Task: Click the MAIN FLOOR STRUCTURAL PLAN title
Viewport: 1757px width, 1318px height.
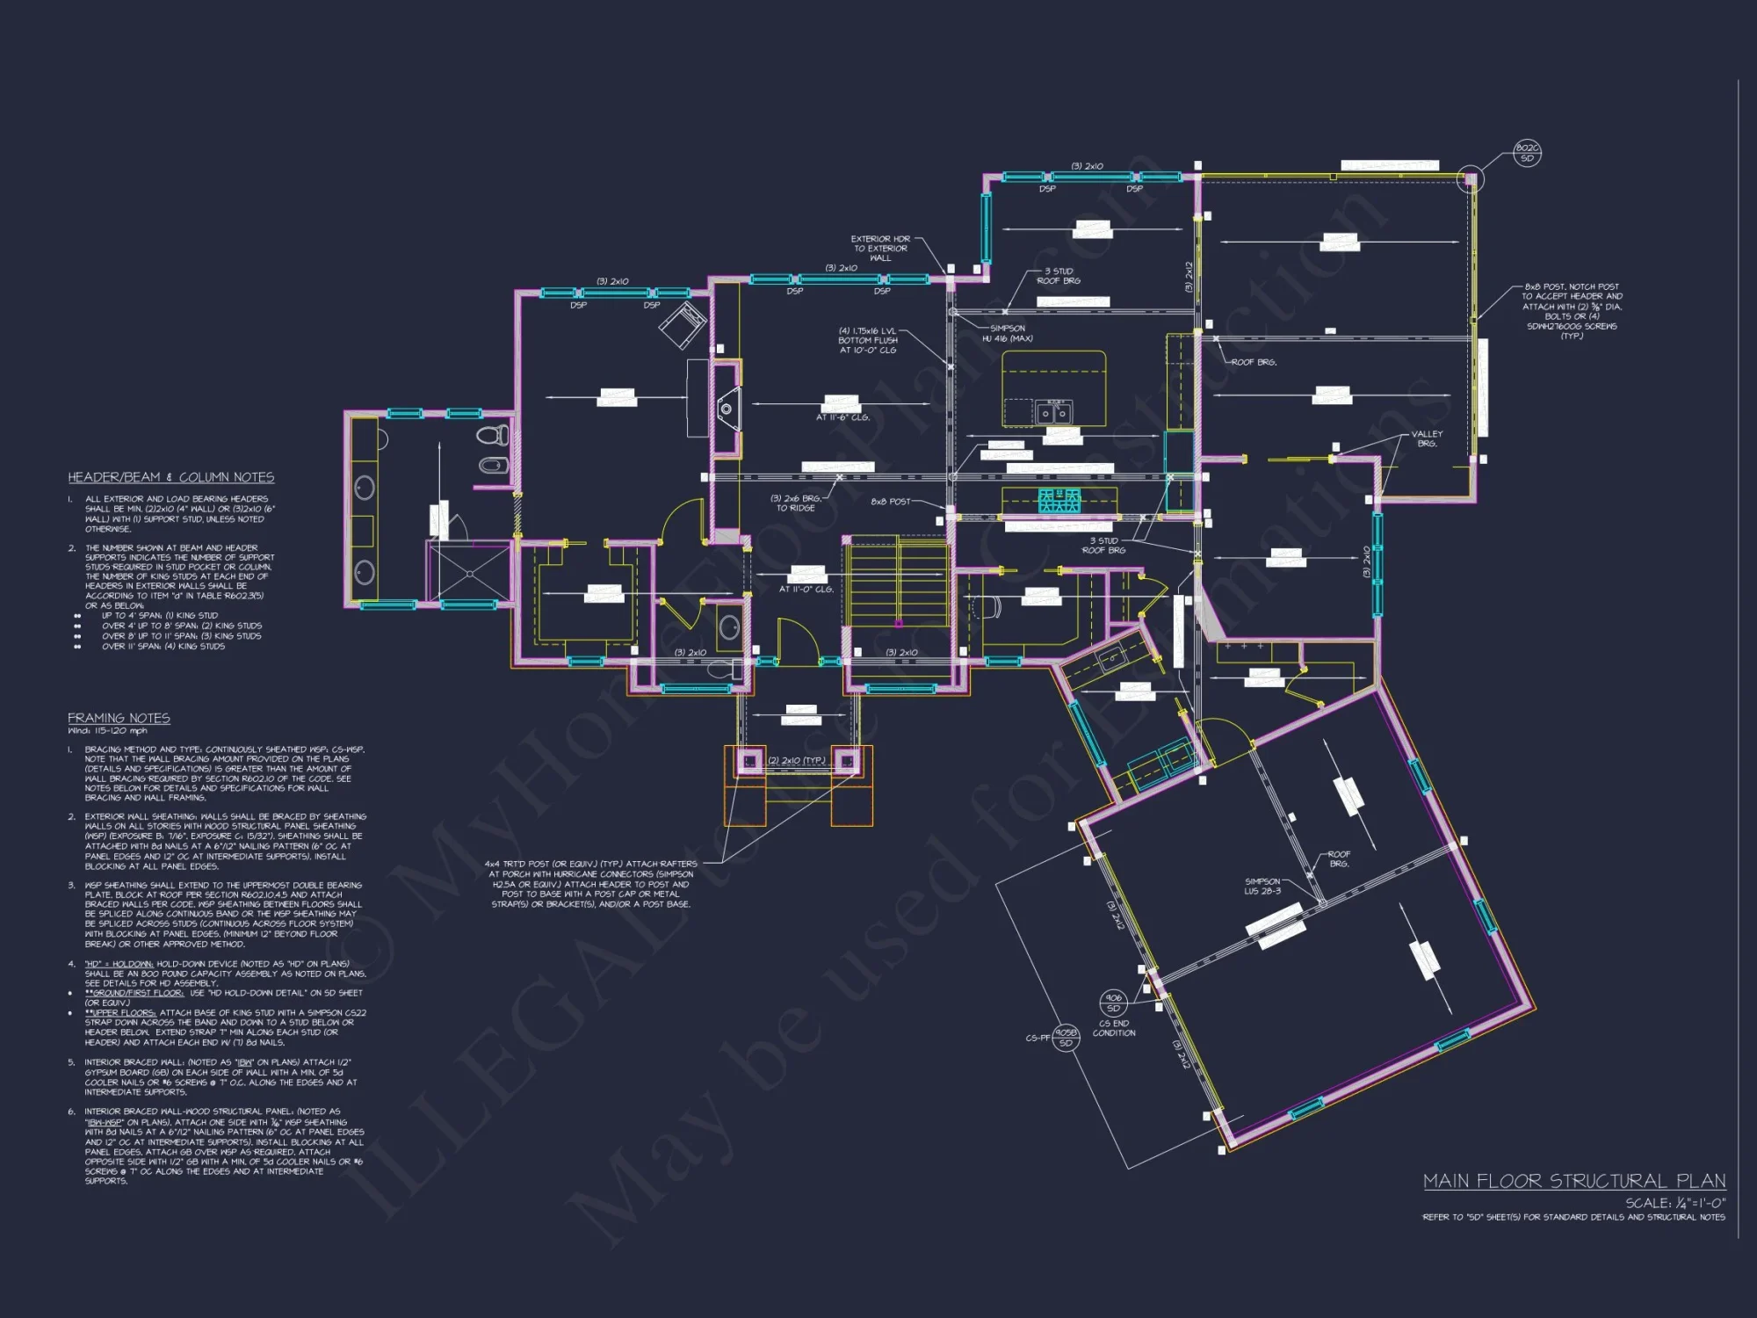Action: [1573, 1181]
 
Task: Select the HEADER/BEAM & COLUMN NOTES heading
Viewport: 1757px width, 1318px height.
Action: [171, 477]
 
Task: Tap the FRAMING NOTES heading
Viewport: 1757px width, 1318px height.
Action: [119, 718]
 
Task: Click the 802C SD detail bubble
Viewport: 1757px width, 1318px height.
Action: [1528, 153]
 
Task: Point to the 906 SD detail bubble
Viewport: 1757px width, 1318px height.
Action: [1113, 1003]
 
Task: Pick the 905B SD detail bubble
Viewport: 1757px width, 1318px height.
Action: [1066, 1038]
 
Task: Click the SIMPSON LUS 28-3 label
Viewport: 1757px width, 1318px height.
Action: [1262, 886]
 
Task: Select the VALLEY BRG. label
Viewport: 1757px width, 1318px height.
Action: [1427, 438]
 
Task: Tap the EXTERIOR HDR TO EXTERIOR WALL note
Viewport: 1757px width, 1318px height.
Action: [880, 248]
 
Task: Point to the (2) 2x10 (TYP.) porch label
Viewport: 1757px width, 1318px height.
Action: [796, 760]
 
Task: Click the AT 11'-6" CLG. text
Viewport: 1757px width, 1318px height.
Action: [842, 417]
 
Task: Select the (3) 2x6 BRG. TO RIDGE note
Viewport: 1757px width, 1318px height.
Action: [795, 503]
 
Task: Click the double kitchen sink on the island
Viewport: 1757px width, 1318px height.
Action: [1053, 411]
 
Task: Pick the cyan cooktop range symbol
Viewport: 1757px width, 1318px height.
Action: [1059, 501]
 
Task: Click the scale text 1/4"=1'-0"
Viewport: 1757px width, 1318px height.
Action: [1674, 1203]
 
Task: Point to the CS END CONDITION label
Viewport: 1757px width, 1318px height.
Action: [1114, 1028]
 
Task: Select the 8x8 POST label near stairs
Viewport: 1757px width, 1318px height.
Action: [890, 502]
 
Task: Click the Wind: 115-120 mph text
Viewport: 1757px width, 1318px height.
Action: [108, 731]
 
